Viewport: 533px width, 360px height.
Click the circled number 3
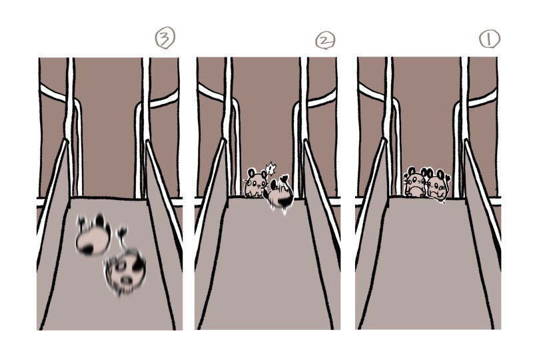click(x=165, y=38)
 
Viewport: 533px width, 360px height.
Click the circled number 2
click(x=325, y=41)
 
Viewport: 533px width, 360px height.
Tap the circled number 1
click(x=490, y=39)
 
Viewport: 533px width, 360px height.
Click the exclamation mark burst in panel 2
click(x=270, y=169)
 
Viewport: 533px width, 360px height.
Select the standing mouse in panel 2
click(x=256, y=183)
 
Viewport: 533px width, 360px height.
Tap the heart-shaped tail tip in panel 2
click(x=284, y=178)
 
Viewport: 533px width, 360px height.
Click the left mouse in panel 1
click(x=415, y=184)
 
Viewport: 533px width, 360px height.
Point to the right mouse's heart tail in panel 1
click(x=448, y=177)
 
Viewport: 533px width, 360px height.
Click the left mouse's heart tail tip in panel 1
click(x=406, y=176)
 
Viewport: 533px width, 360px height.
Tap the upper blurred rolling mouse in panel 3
click(x=93, y=235)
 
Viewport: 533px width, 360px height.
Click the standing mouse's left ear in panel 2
click(x=252, y=172)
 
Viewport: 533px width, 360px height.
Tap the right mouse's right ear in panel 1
click(x=441, y=174)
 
